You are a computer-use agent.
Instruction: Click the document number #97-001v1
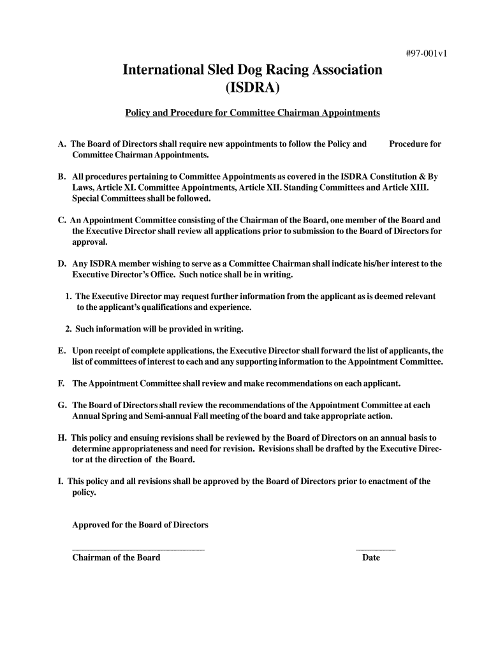point(426,54)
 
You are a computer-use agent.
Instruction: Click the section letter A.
point(61,144)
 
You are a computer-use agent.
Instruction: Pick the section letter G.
point(62,405)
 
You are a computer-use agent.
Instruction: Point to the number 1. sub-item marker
point(68,297)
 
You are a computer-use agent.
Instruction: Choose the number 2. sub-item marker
point(68,329)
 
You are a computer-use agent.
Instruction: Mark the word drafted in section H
point(353,448)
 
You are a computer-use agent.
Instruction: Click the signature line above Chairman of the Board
point(138,549)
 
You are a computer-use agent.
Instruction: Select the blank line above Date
point(375,549)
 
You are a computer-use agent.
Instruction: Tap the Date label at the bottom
point(371,557)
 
